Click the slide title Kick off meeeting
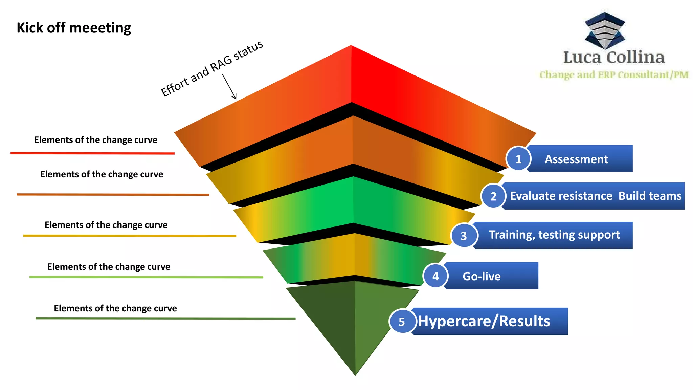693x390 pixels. point(74,28)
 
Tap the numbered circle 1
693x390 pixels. point(518,159)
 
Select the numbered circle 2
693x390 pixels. point(493,196)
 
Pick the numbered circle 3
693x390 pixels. point(464,236)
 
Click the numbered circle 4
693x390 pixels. point(435,276)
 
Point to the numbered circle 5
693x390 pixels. point(402,322)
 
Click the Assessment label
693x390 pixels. point(576,159)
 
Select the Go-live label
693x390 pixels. point(482,276)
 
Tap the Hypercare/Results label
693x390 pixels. point(484,321)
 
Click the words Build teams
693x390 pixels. point(650,196)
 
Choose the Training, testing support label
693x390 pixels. point(554,235)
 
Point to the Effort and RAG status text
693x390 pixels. point(212,69)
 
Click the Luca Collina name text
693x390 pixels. point(614,57)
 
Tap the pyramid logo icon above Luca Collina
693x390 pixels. point(605,30)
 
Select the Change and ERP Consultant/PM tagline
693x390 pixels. point(614,75)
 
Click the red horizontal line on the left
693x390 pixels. point(92,153)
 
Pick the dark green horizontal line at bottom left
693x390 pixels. point(165,318)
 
